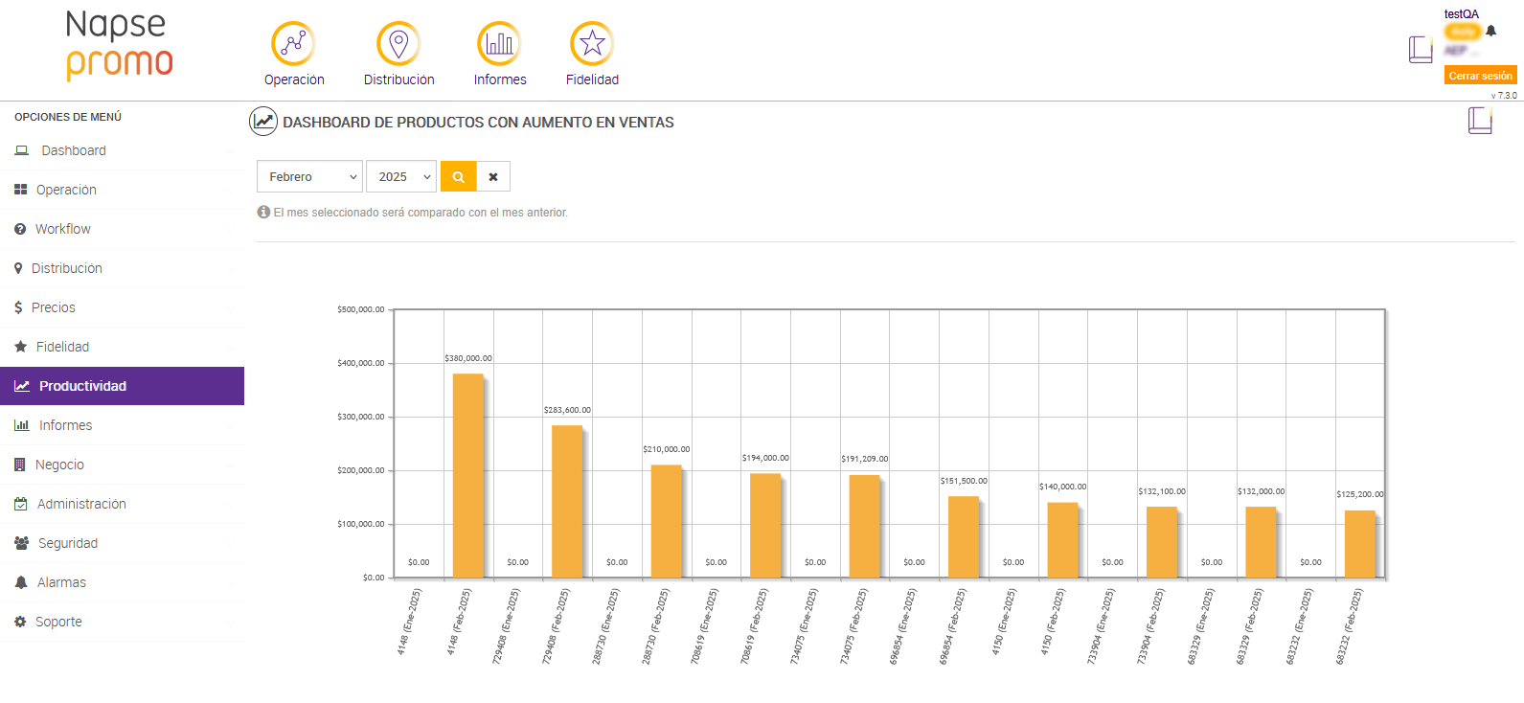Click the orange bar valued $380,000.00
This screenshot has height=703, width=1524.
tap(467, 475)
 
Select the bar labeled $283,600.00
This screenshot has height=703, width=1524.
tap(567, 501)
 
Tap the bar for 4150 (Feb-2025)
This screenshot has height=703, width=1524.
tap(1062, 539)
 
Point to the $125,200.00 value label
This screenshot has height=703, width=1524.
tap(1359, 494)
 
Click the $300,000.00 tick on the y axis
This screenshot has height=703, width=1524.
tap(360, 417)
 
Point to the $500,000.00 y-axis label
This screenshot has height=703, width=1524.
tap(360, 309)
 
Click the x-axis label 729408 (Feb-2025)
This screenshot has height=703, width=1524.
tap(556, 626)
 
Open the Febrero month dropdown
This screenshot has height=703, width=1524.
tap(309, 177)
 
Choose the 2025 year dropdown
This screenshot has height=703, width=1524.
tap(401, 177)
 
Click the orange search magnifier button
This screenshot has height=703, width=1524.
tap(459, 177)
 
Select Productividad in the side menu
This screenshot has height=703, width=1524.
tap(122, 386)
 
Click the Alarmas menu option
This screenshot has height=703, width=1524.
tap(61, 582)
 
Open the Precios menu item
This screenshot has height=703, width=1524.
tap(54, 307)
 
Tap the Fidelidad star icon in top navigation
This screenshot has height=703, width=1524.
tap(592, 43)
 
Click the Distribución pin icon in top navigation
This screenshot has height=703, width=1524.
tap(398, 43)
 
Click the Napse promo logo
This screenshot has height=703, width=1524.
tap(119, 46)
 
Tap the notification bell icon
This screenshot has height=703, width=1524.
tap(1490, 31)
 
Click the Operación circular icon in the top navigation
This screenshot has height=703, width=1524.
tap(293, 43)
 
